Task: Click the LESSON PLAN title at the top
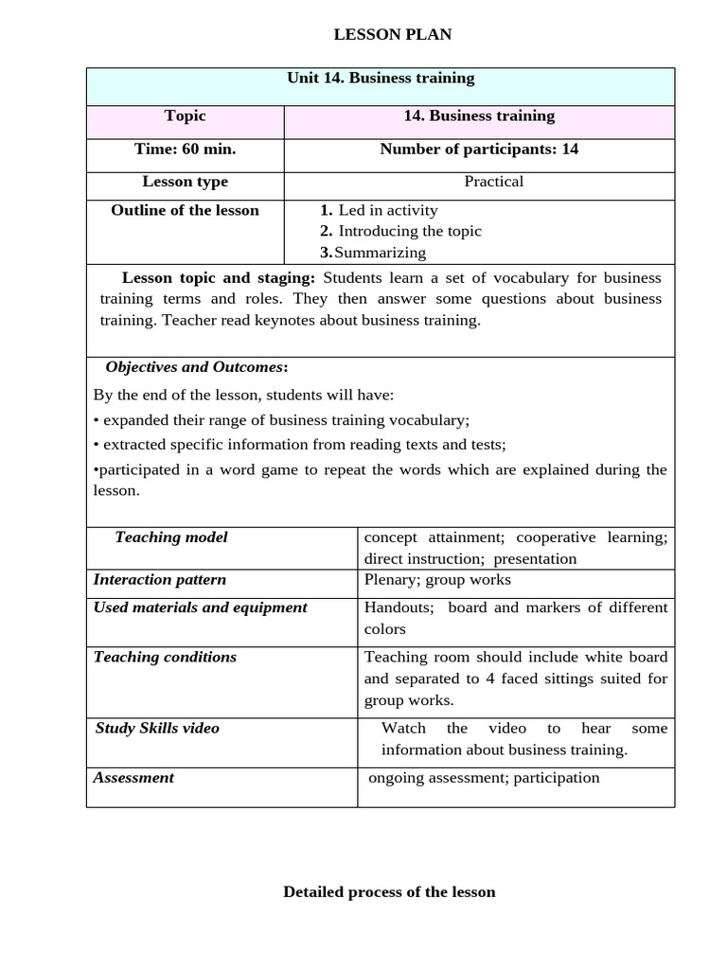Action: coord(393,35)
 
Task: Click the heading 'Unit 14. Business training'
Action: coord(381,79)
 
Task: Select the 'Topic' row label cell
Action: coord(185,116)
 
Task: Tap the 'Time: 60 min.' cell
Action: coord(185,150)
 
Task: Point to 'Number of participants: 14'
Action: coord(479,150)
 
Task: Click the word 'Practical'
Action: coord(493,182)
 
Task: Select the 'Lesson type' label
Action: coord(185,182)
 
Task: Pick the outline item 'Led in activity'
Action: coord(388,210)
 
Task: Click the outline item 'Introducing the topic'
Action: coord(410,231)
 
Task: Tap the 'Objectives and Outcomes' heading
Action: coord(195,367)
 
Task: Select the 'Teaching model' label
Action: coord(171,537)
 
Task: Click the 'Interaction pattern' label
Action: coord(160,580)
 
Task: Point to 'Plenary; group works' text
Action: coord(437,580)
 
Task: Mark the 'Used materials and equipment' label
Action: coord(201,608)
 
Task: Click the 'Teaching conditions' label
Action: coord(166,657)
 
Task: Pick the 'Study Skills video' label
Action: coord(157,729)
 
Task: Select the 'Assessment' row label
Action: coord(133,778)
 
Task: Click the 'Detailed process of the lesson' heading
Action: coord(389,892)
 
